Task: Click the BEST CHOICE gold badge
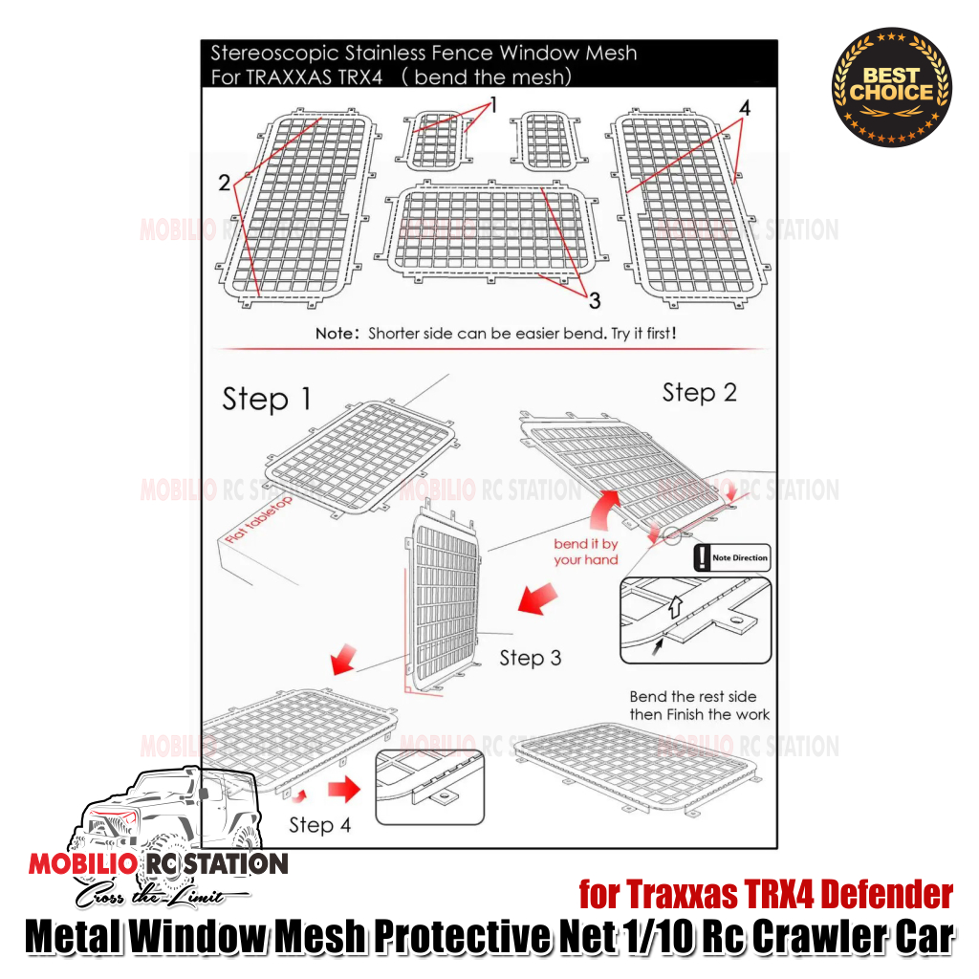click(x=891, y=86)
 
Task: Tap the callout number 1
click(x=493, y=105)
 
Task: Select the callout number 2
click(x=225, y=182)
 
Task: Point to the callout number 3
click(x=594, y=301)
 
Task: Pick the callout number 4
click(x=744, y=108)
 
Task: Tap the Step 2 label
click(x=699, y=392)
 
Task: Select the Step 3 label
click(x=530, y=658)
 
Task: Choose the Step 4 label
click(x=319, y=824)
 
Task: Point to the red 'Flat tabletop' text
click(x=259, y=520)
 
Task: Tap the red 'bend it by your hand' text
click(x=586, y=552)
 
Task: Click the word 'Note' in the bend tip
click(x=336, y=335)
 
